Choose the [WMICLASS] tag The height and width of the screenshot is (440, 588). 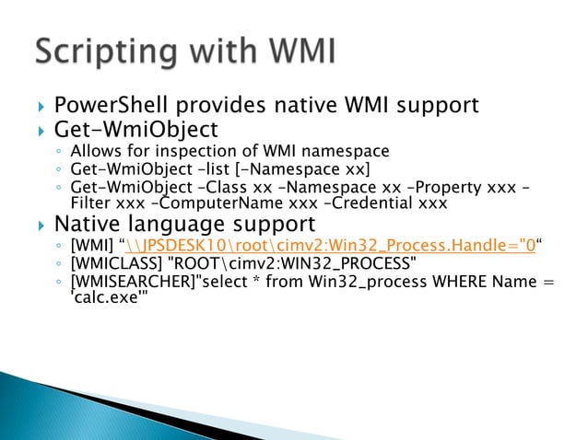tap(113, 265)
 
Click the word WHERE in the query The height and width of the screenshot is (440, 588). tap(457, 284)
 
